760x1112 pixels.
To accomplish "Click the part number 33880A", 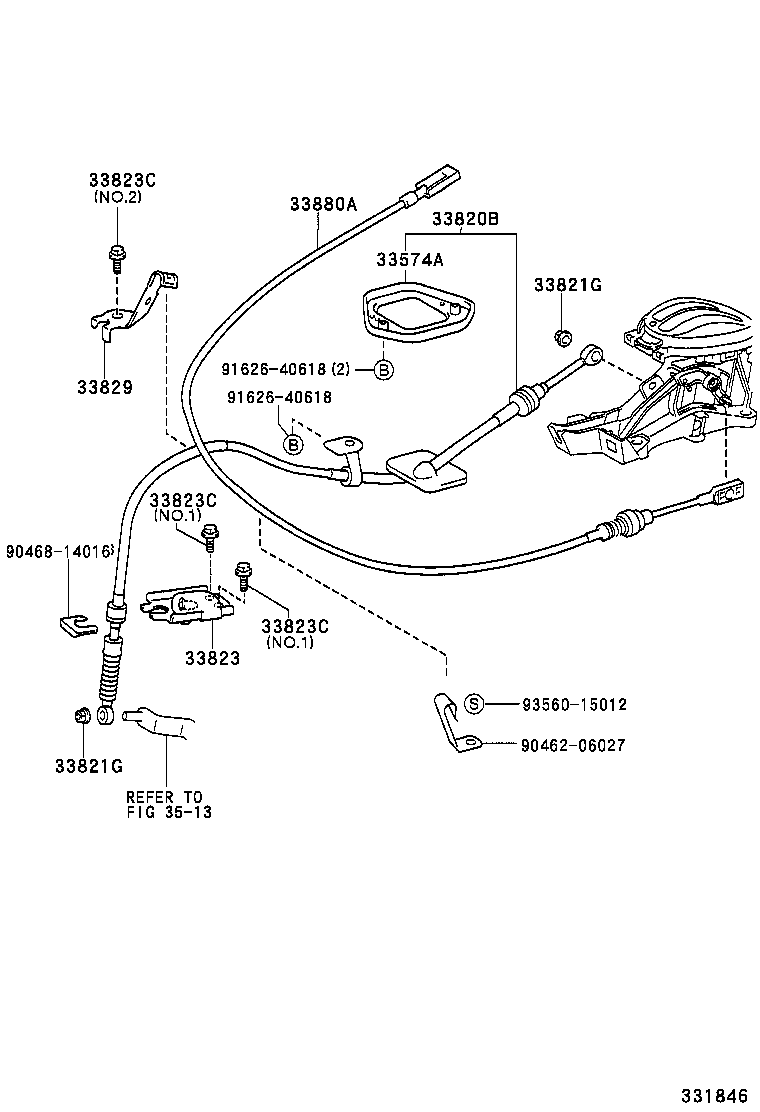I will pos(323,204).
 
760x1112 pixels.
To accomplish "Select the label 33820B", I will pos(465,219).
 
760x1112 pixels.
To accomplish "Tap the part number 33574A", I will pos(409,260).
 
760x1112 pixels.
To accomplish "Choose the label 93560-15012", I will pos(574,704).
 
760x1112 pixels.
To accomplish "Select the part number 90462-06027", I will pos(574,745).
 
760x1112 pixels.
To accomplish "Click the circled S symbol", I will pos(475,704).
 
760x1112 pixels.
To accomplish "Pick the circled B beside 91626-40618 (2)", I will pos(383,370).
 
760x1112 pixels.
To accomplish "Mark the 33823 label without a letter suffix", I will pos(211,658).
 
